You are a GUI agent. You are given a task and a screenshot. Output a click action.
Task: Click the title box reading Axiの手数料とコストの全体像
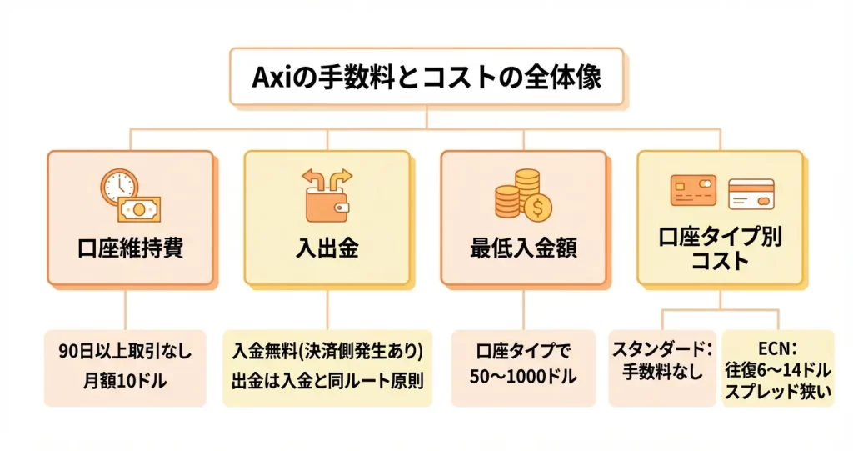coord(426,78)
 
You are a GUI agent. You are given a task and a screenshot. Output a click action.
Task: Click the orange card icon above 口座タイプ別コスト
coord(693,191)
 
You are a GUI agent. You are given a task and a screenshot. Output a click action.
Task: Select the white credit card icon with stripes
coord(751,194)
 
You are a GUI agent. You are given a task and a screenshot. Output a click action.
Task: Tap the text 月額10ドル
coord(125,381)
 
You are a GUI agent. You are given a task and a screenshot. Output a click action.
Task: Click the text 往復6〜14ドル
coord(777,369)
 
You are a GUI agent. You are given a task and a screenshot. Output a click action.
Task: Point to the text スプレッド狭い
coord(777,392)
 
